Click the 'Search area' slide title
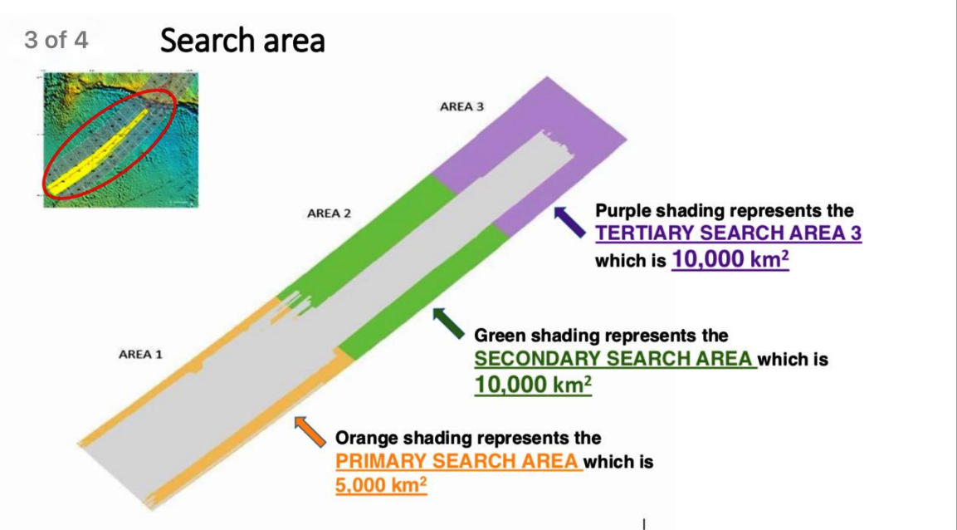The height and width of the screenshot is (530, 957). tap(242, 41)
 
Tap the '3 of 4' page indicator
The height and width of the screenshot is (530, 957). tap(56, 41)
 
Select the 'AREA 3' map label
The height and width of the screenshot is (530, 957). tap(461, 107)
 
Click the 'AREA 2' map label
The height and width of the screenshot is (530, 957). tap(329, 213)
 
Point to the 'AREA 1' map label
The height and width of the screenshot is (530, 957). tap(140, 354)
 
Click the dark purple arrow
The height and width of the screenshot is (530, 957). tap(569, 222)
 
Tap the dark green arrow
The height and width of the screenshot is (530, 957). tap(448, 323)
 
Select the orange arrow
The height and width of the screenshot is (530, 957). tap(310, 432)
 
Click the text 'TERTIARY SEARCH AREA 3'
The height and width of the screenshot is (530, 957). tap(729, 233)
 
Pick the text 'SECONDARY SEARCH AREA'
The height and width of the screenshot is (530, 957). tap(613, 358)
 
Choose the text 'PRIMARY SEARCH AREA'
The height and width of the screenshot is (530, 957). tap(457, 461)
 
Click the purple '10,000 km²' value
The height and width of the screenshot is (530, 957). tap(730, 259)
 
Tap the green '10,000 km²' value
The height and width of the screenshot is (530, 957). tap(533, 385)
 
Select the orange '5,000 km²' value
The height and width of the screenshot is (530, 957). tap(381, 485)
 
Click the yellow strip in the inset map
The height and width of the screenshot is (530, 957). tap(98, 153)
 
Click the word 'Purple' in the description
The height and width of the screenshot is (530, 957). tap(626, 211)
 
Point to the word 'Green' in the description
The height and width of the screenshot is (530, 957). tap(500, 336)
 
